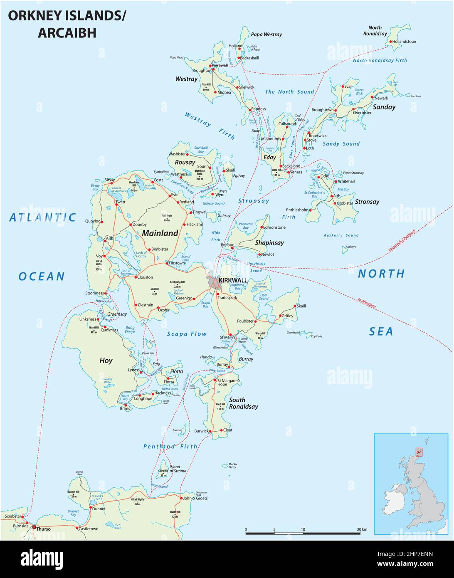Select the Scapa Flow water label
(187, 333)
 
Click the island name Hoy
(106, 361)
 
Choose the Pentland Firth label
(170, 446)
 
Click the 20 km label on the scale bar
(362, 529)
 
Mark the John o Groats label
(195, 498)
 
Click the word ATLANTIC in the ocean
(43, 217)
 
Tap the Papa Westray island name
(266, 35)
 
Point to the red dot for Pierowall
(211, 66)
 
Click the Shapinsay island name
(269, 242)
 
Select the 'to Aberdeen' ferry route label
(367, 302)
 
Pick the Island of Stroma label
(175, 469)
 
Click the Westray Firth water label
(210, 126)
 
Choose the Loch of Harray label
(141, 255)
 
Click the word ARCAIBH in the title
(67, 33)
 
